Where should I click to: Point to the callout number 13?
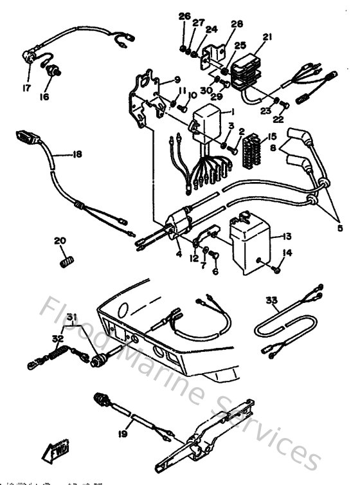(286, 236)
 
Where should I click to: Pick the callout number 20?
(60, 241)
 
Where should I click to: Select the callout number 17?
(27, 87)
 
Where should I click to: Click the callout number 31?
(71, 315)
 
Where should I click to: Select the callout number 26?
(184, 15)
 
